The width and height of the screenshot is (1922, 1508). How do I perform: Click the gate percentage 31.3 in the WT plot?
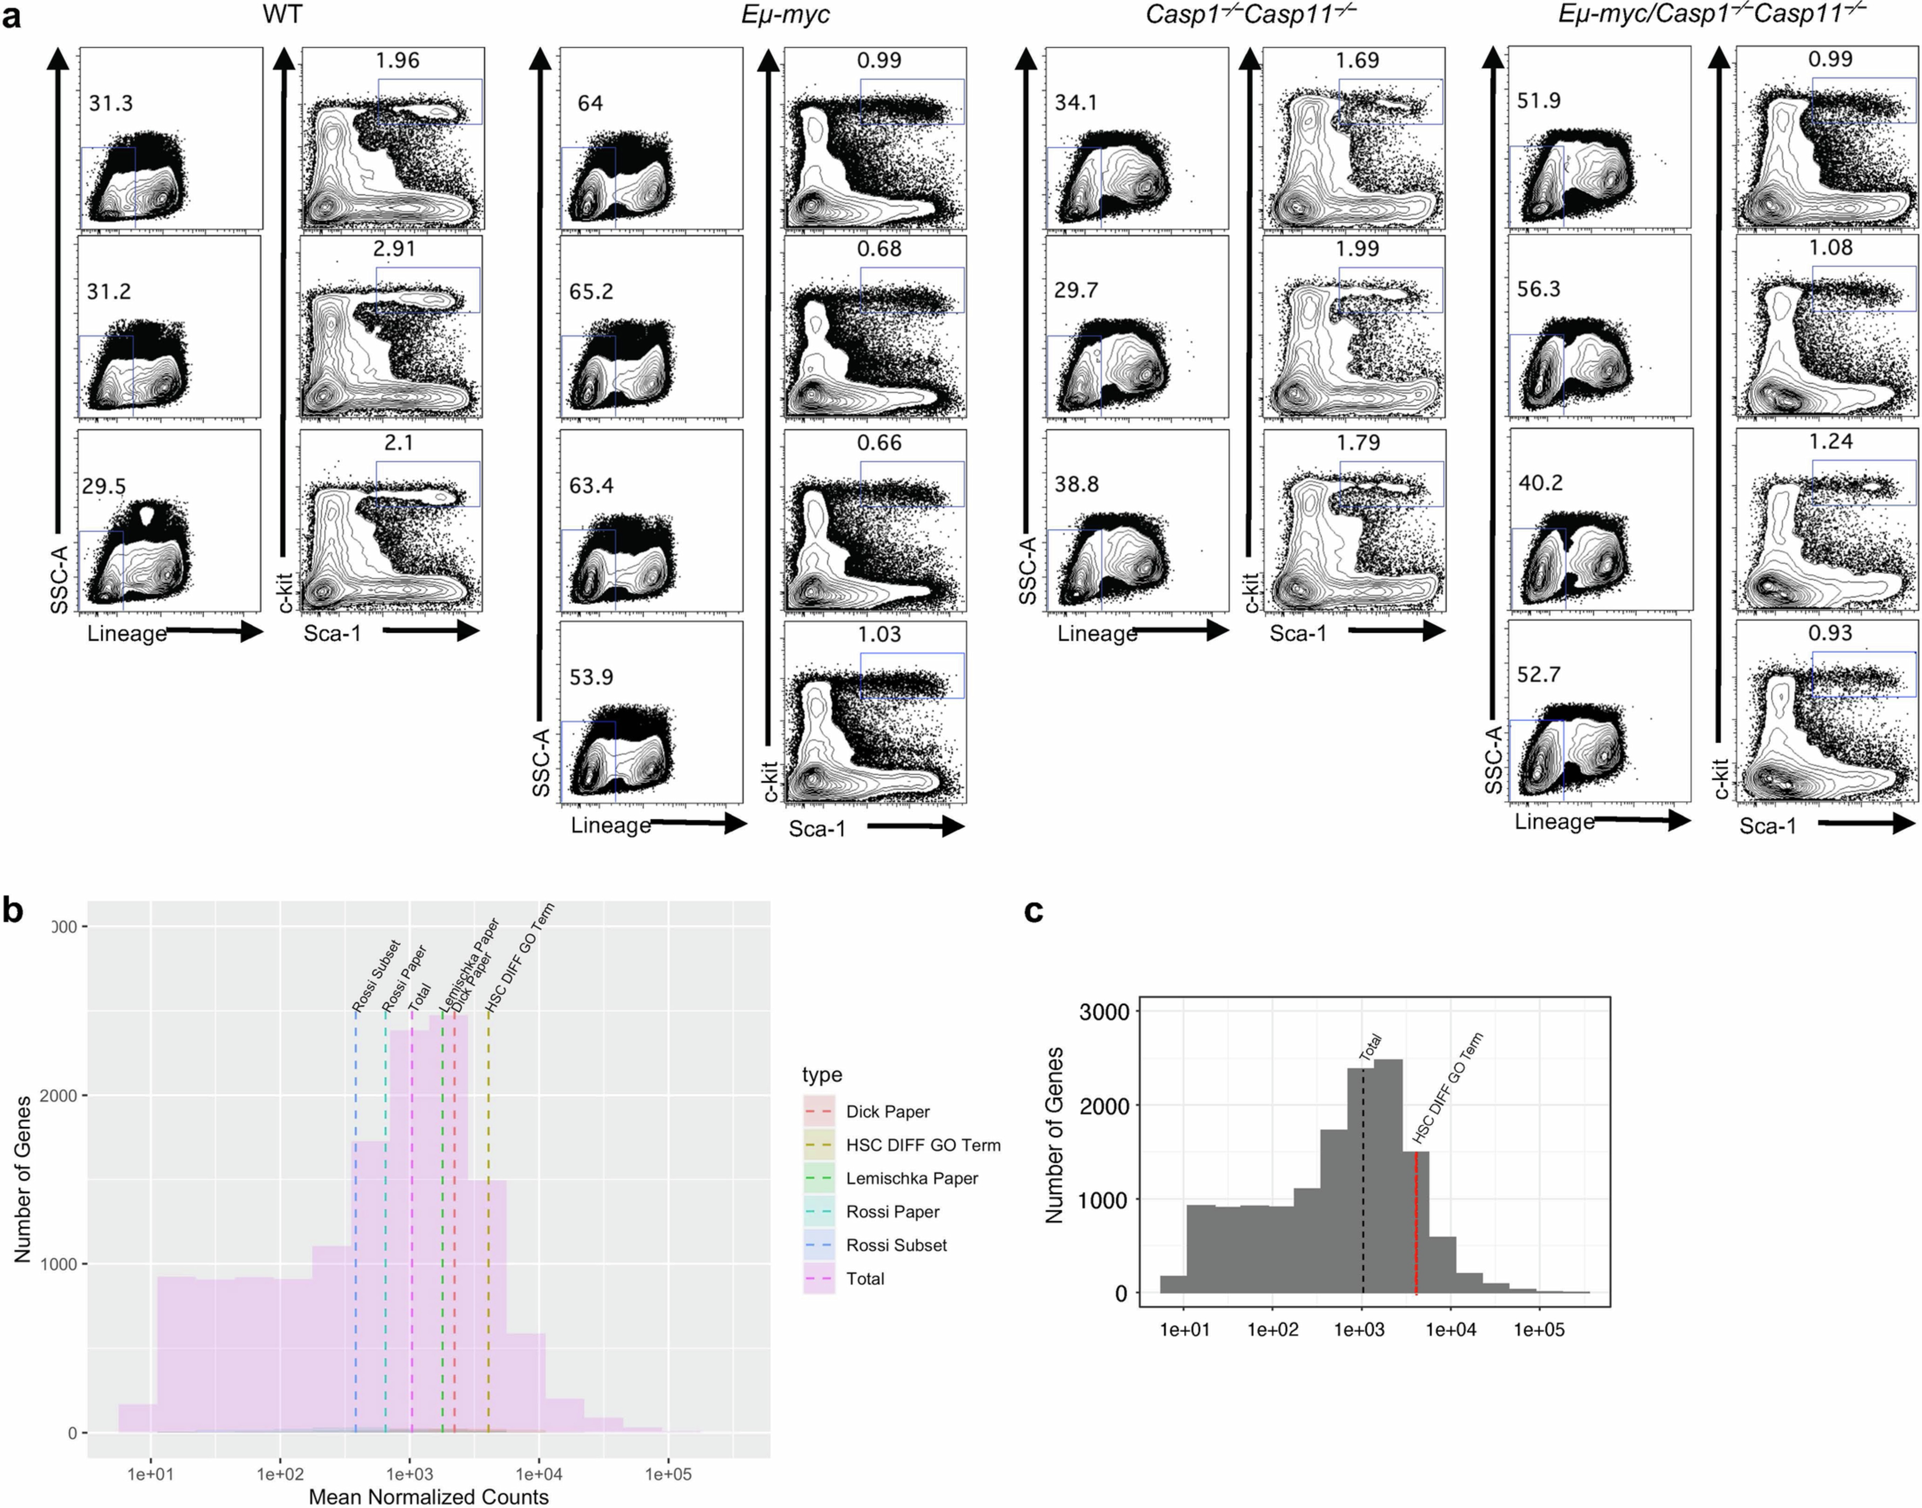pos(110,103)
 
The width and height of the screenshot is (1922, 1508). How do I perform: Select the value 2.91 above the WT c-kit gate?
pos(394,248)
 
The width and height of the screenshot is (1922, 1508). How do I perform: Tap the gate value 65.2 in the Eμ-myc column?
pos(591,291)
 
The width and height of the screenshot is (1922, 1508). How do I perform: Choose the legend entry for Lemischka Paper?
pos(911,1178)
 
